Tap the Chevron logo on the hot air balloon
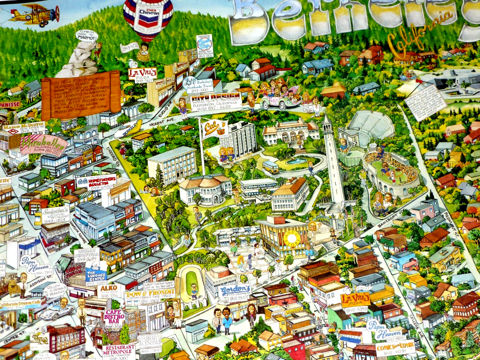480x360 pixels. [x=148, y=13]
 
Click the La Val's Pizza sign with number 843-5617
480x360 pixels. [x=142, y=74]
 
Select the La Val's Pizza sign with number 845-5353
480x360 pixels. [x=355, y=300]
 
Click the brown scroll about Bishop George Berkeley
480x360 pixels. [x=80, y=95]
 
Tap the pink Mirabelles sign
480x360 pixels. [x=43, y=144]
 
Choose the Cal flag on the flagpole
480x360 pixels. [x=214, y=128]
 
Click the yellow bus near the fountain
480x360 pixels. [x=271, y=166]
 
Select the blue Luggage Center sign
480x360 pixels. [x=96, y=275]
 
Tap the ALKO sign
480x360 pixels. [x=109, y=290]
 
